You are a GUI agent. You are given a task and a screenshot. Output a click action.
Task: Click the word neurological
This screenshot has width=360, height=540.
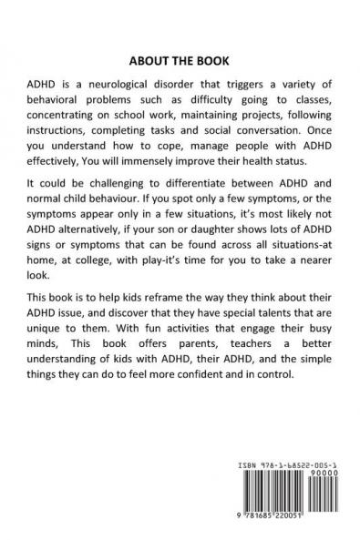click(113, 79)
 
